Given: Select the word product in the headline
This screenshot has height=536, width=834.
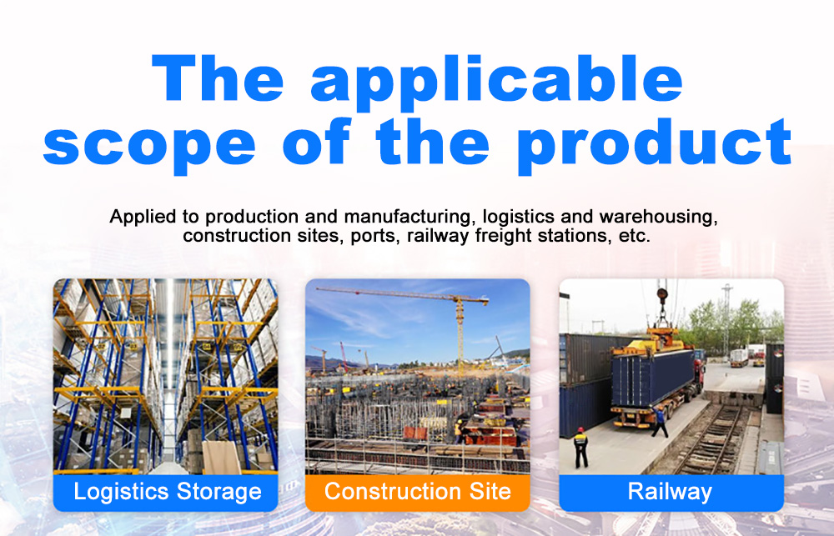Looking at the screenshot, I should pos(654,143).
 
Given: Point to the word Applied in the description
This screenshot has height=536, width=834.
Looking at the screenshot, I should pos(140,218).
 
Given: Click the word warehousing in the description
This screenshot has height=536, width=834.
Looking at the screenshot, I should pos(666,218).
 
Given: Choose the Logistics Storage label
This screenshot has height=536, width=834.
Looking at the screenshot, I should pos(167,492).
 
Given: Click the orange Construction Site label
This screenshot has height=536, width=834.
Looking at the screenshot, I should pos(417,492).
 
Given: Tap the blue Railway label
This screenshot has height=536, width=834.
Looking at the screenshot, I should pos(671,492).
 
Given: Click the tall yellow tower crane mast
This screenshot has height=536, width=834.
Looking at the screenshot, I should pos(459,333).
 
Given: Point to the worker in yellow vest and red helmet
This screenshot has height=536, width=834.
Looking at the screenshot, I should pos(581,444).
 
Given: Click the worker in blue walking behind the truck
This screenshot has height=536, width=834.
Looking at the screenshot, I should pos(660,419).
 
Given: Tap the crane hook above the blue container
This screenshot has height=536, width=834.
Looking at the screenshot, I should pos(662,313).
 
